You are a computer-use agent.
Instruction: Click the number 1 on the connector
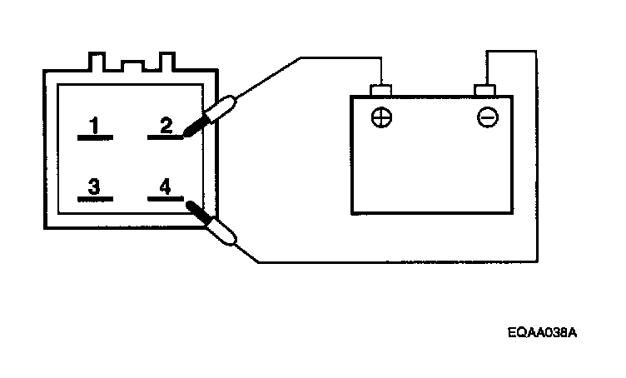point(95,126)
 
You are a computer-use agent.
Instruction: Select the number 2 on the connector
point(166,126)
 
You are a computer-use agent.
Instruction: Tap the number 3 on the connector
point(95,187)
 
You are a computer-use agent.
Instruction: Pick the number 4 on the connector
point(165,187)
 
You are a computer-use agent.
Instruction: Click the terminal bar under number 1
point(95,137)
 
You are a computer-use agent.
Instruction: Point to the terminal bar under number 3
point(95,200)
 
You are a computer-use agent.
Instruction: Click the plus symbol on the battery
point(380,117)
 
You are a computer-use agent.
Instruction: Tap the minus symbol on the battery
point(487,117)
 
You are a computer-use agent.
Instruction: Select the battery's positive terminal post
point(380,90)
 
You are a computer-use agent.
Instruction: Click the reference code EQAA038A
point(542,332)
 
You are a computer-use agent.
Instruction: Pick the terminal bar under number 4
point(163,200)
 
